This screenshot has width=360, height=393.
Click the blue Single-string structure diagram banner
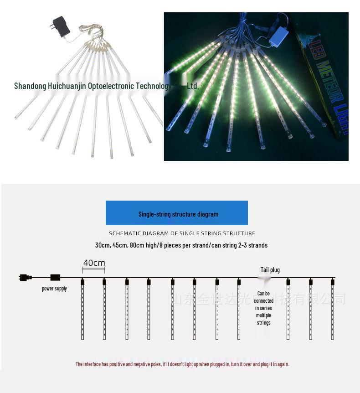tap(177, 213)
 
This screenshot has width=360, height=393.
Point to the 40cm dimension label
tap(94, 263)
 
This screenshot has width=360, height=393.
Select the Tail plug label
tap(270, 270)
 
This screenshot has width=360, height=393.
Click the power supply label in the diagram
tap(54, 289)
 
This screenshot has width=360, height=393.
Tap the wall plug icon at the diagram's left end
tap(26, 277)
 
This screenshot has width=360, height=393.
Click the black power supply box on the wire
tap(55, 277)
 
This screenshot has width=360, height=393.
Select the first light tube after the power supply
tap(82, 310)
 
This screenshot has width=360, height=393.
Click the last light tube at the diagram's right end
tap(333, 310)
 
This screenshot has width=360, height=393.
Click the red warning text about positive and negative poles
tap(182, 364)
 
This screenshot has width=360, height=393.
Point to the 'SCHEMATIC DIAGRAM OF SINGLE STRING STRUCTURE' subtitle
tap(182, 233)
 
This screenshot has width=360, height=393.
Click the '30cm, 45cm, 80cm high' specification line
tap(181, 245)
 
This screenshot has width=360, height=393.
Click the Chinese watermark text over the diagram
tap(258, 299)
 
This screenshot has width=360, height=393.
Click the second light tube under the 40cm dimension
tap(104, 310)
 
